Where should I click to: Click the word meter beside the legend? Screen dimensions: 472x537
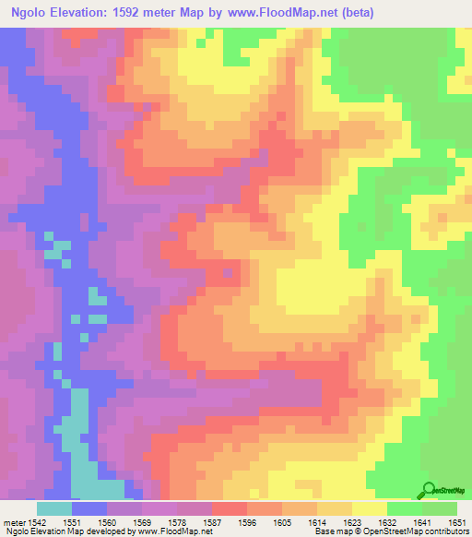click(14, 522)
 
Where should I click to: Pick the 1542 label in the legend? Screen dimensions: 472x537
click(37, 522)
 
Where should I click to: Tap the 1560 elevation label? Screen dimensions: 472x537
click(106, 522)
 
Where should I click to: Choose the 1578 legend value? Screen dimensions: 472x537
click(176, 522)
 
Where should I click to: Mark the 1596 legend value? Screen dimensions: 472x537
click(246, 522)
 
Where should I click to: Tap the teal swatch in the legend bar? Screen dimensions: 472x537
click(54, 508)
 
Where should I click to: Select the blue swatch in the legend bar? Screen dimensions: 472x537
click(89, 508)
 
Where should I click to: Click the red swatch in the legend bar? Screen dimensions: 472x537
click(230, 508)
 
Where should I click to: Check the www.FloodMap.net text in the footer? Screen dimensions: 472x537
click(173, 532)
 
